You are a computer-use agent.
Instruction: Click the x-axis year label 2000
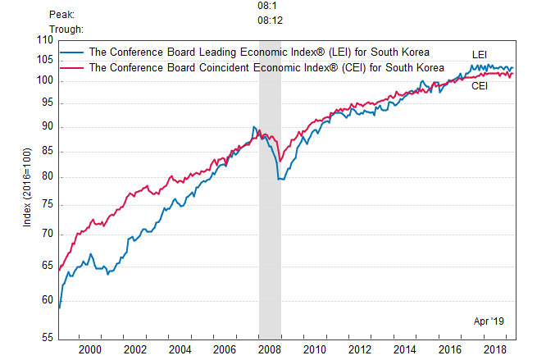(x=89, y=350)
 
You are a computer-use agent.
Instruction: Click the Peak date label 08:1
(x=266, y=6)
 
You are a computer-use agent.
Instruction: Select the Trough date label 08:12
(x=270, y=21)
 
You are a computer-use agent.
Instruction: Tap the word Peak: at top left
(x=62, y=14)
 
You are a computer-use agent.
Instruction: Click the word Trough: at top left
(x=66, y=29)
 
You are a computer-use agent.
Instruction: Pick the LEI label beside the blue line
(x=480, y=54)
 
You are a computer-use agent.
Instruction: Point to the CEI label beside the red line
(x=480, y=86)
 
